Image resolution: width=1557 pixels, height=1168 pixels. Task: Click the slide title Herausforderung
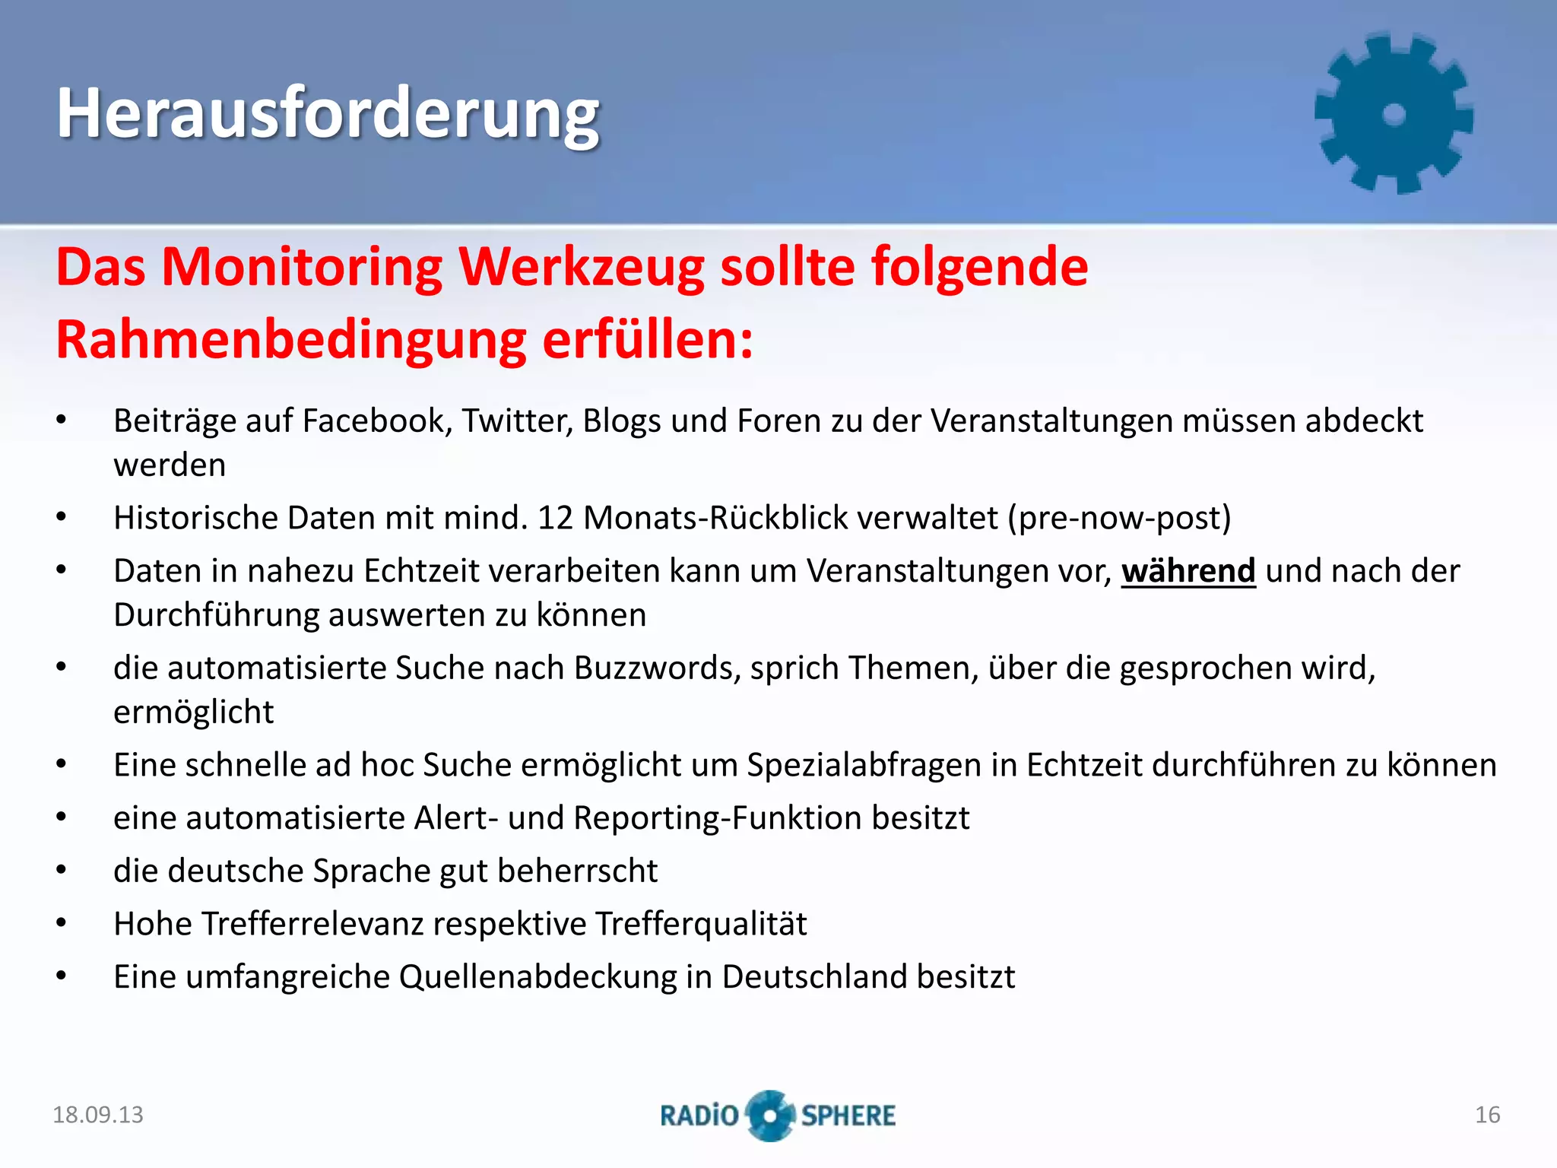coord(328,114)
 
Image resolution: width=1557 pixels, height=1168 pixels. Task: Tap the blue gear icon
coord(1394,114)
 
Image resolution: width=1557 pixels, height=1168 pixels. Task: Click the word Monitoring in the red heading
coord(302,268)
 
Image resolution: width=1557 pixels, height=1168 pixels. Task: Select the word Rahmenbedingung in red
coord(291,340)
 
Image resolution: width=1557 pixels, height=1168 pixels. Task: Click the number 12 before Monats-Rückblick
coord(555,518)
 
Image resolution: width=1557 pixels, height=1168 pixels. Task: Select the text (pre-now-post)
coord(1119,518)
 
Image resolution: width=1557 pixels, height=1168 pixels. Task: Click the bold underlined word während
coord(1188,571)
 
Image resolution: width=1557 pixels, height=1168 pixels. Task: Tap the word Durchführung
coord(217,614)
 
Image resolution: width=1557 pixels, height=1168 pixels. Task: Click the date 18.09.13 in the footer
coord(98,1115)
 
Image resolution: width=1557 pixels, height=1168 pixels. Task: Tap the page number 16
coord(1487,1115)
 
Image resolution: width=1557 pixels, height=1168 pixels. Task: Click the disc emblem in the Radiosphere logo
coord(770,1116)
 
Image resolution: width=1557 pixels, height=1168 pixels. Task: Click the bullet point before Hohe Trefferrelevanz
coord(62,924)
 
